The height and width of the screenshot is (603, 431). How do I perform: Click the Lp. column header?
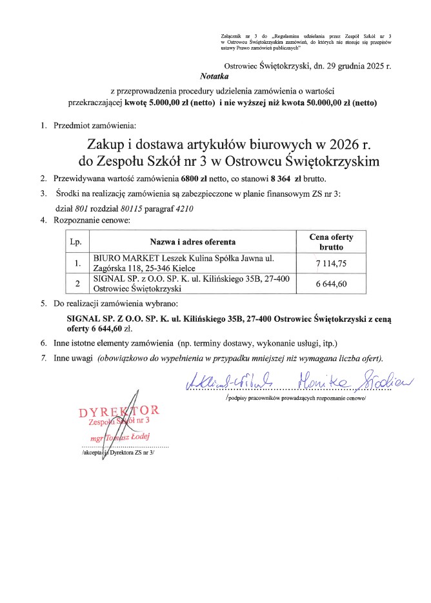(77, 242)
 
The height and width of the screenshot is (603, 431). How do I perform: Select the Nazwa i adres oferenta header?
(193, 242)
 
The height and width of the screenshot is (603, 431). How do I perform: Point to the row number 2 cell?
(77, 284)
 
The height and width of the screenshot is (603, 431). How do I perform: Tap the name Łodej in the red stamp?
(136, 436)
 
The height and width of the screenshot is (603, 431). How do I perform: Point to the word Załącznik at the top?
(230, 34)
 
